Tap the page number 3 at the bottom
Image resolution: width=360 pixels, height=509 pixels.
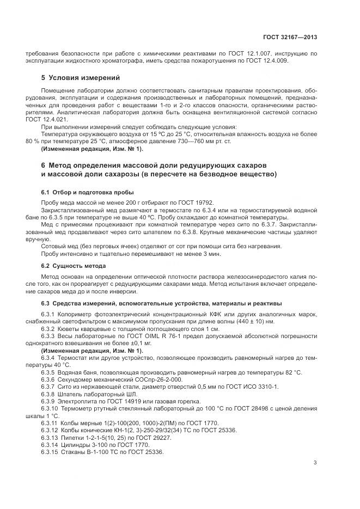tap(315, 463)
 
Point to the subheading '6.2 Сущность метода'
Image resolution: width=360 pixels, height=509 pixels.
tap(74, 265)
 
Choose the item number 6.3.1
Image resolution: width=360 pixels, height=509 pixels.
tap(49, 314)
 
